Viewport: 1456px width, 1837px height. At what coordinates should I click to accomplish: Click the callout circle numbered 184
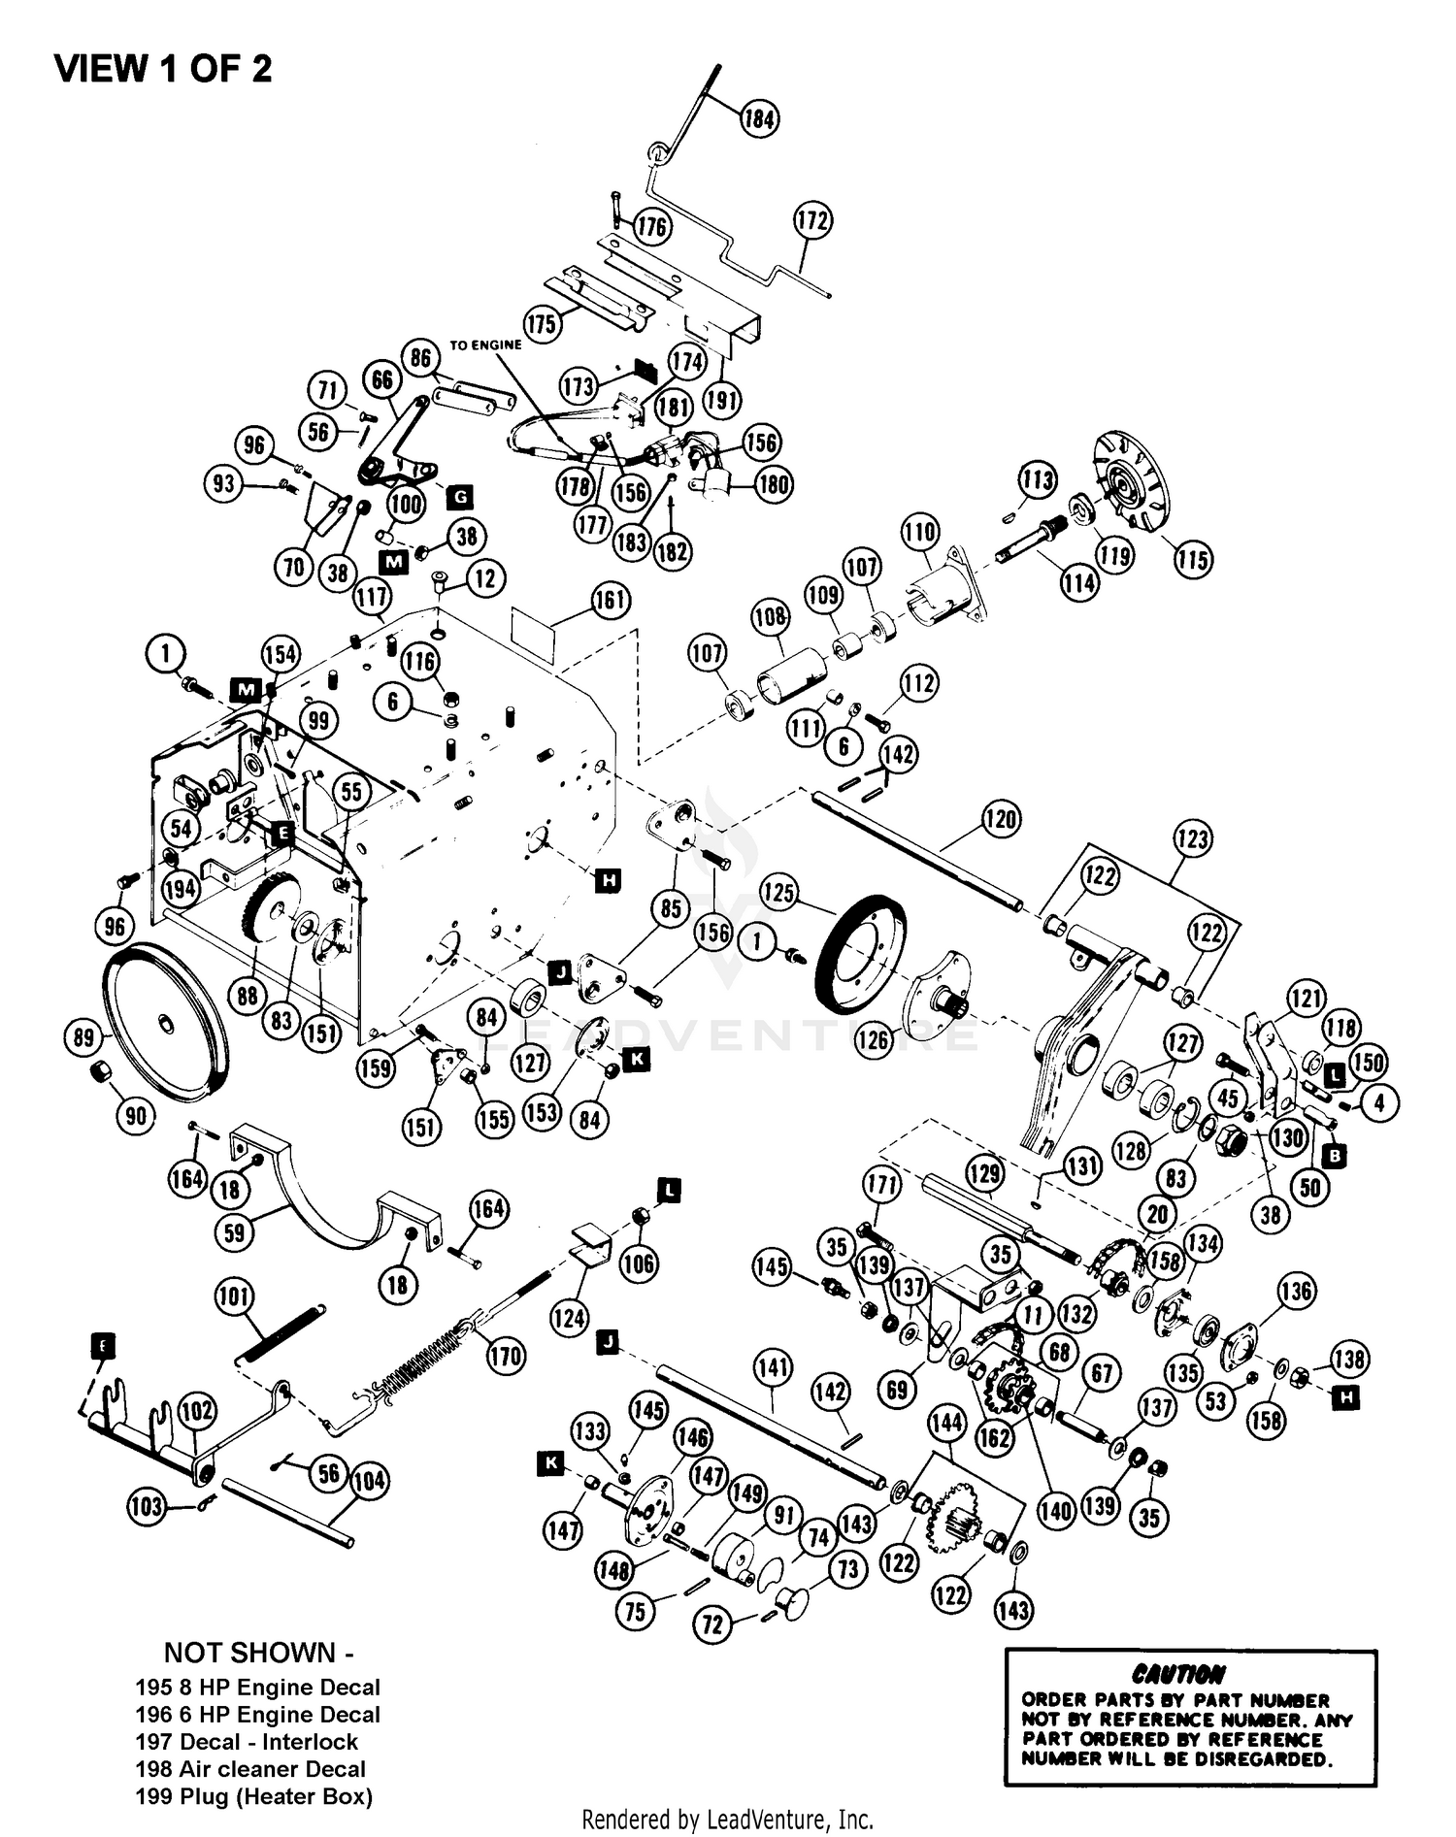759,118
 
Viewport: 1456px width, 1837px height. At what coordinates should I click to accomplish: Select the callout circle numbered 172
812,220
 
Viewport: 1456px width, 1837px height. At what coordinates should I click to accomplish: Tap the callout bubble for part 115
1193,559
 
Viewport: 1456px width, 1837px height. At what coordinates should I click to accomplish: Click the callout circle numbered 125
778,893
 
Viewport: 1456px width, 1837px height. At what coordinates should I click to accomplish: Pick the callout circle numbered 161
610,600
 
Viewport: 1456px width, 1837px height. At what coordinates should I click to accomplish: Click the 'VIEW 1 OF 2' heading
163,69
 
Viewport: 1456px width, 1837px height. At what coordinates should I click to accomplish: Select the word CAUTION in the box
1177,1674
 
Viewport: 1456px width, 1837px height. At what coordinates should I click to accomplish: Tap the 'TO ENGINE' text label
485,344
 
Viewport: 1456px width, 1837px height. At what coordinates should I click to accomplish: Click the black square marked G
459,498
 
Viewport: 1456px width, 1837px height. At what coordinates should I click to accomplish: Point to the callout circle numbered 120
1001,819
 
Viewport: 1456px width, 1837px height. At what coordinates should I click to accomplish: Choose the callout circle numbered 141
773,1369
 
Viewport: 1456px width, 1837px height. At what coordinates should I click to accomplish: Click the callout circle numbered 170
505,1356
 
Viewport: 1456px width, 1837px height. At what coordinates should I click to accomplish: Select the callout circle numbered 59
235,1232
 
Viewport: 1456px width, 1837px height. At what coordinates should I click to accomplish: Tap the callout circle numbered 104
369,1481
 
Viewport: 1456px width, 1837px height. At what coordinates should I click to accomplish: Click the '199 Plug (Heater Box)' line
253,1796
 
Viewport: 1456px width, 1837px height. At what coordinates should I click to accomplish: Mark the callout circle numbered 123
1192,838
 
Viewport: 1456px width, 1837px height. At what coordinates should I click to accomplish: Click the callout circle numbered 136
1297,1291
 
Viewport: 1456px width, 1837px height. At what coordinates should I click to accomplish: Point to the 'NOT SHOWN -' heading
250,1653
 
